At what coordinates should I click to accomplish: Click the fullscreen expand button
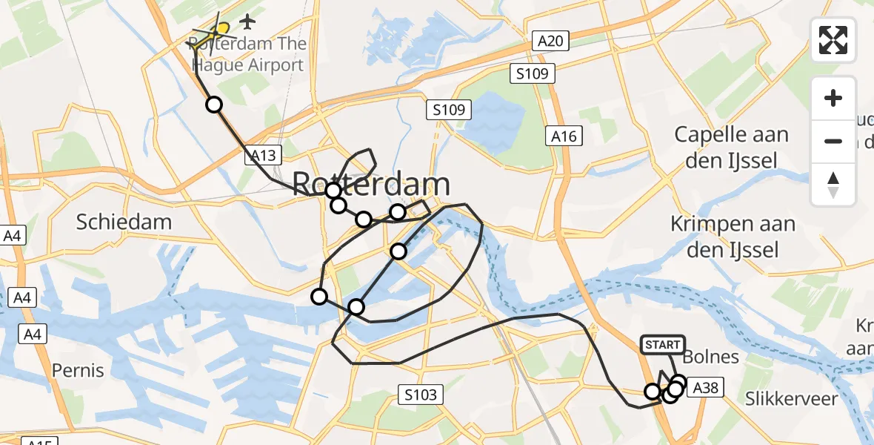(833, 39)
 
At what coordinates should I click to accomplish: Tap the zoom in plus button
(833, 98)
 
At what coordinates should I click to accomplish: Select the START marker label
(662, 345)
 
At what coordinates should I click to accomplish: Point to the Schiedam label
(124, 221)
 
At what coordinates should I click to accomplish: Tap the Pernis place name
(78, 369)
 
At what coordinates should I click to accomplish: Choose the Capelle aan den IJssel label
(730, 148)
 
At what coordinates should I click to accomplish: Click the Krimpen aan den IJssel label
(732, 236)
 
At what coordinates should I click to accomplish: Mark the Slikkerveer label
(793, 399)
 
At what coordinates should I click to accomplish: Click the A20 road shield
(550, 41)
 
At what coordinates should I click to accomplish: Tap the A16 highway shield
(563, 136)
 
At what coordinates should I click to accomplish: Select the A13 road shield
(263, 155)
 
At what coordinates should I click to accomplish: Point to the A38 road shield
(703, 386)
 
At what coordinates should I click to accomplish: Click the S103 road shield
(421, 395)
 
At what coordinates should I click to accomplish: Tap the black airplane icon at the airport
(247, 18)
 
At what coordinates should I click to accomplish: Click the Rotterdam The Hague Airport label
(248, 54)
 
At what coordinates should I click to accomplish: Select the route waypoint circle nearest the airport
(214, 105)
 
